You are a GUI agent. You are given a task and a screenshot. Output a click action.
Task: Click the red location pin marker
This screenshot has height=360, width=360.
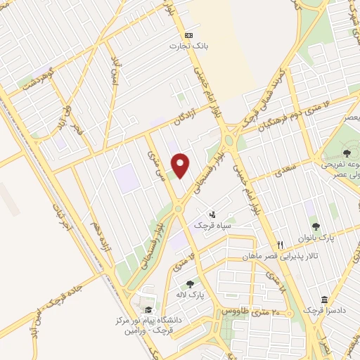point(181,165)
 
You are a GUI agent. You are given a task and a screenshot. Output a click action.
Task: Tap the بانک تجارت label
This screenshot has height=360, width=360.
point(188,46)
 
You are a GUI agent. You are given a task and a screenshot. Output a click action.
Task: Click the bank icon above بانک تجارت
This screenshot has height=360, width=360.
point(188,35)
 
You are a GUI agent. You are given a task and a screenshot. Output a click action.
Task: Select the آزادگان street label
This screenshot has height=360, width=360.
point(179,117)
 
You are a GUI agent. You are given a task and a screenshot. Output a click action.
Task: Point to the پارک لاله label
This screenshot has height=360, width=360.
point(190,295)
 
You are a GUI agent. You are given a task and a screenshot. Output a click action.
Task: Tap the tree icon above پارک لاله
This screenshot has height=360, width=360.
point(190,284)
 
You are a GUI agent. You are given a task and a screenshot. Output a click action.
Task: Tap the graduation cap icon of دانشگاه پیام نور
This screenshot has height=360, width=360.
point(148,310)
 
